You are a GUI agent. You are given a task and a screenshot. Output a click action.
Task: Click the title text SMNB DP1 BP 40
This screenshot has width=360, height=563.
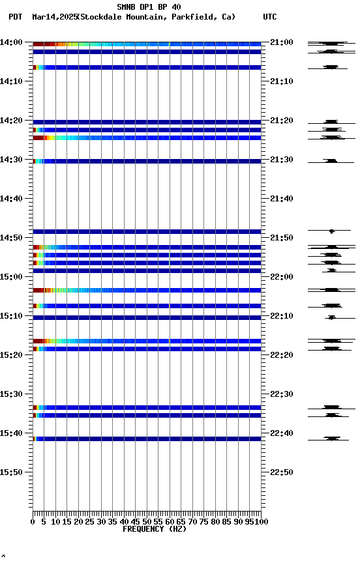(x=149, y=7)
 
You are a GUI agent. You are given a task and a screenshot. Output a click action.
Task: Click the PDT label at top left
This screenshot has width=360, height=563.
(x=16, y=17)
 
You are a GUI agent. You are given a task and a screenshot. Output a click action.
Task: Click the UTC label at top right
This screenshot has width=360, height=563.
(x=270, y=17)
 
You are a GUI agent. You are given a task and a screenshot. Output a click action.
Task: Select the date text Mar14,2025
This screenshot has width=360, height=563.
(x=53, y=17)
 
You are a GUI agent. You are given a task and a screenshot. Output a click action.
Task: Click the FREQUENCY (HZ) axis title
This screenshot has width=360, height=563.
(x=147, y=529)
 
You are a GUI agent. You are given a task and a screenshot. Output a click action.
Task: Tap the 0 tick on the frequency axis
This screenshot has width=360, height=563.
(x=33, y=521)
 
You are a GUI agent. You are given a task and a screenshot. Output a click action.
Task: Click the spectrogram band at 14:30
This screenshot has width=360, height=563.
(x=147, y=161)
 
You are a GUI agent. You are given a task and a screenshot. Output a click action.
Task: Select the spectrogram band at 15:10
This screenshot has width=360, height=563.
(x=147, y=317)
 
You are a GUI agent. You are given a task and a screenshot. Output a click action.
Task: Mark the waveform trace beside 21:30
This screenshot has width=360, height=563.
(x=331, y=161)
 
